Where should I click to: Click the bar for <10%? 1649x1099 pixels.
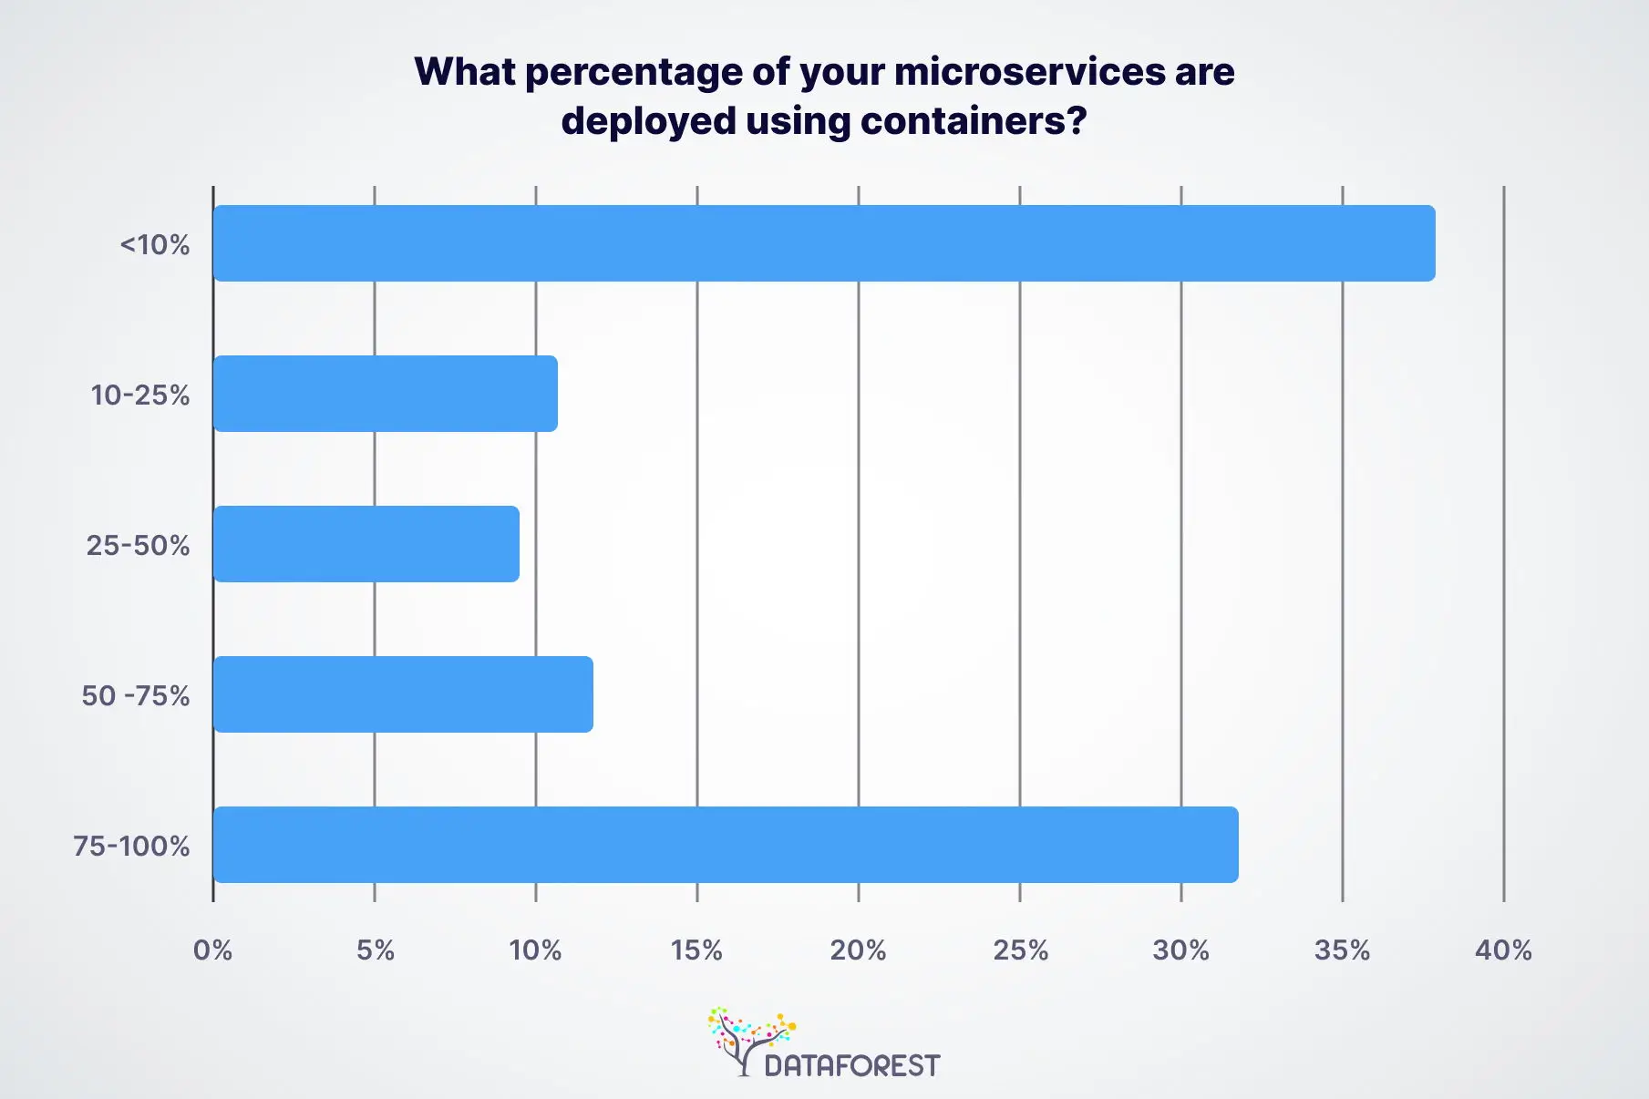click(824, 243)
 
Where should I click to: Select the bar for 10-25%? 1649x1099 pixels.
click(385, 394)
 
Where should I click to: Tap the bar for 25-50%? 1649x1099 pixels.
click(366, 544)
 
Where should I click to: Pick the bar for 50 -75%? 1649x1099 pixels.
click(403, 694)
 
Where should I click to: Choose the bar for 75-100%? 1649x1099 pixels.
click(726, 845)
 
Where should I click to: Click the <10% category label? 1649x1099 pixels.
click(155, 245)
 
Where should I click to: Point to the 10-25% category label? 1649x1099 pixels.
click(140, 395)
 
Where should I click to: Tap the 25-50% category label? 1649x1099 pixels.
click(139, 546)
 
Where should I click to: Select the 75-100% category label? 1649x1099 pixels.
click(132, 847)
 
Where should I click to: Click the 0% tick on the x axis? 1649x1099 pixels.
click(213, 950)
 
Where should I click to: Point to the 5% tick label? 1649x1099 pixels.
click(375, 950)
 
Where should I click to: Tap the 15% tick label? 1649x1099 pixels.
click(696, 950)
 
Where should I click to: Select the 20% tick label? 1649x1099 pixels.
click(858, 950)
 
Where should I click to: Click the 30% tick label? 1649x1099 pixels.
click(1180, 950)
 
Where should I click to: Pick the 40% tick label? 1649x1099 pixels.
click(1503, 950)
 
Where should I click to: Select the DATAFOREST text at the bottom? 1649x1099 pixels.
click(851, 1065)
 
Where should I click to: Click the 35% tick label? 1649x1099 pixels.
click(1342, 950)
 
